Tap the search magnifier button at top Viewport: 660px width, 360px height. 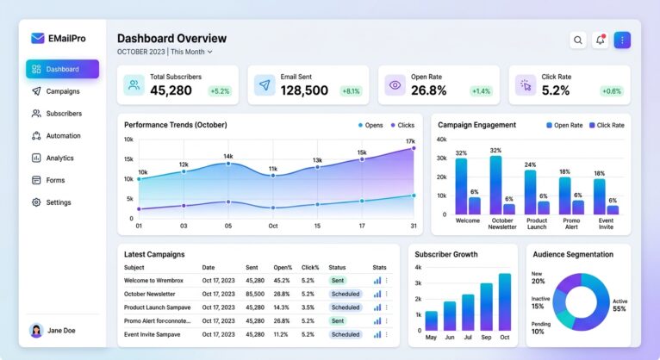click(577, 40)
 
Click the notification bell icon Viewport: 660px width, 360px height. click(600, 40)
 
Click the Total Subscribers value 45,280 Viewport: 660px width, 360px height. click(171, 90)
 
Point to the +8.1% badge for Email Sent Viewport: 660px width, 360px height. click(351, 90)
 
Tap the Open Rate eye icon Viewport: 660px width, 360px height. click(395, 85)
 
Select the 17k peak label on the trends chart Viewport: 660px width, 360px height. click(410, 141)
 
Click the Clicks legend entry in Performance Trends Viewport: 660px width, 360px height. click(401, 125)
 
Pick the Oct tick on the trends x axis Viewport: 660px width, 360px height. click(272, 227)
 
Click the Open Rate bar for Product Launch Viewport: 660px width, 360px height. click(530, 191)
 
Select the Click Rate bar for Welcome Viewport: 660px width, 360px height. click(475, 206)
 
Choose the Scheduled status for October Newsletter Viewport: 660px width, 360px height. click(346, 294)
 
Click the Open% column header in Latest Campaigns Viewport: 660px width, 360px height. click(282, 267)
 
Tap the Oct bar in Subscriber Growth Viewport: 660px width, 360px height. click(504, 302)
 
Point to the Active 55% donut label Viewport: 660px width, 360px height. click(619, 304)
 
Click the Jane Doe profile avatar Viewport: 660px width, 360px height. click(36, 331)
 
